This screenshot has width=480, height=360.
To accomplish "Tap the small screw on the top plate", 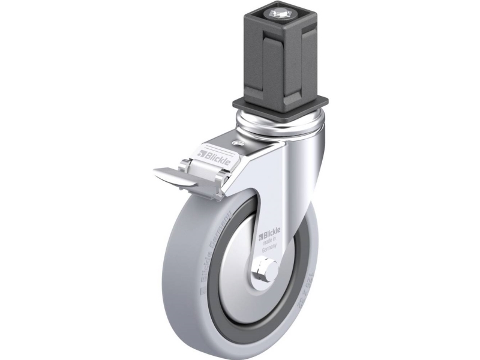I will click(238, 144).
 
